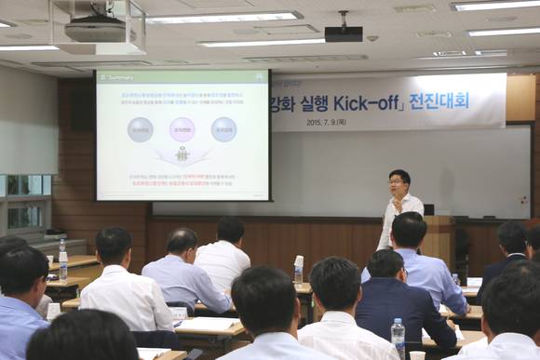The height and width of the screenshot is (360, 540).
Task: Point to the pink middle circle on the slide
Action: pos(182,128)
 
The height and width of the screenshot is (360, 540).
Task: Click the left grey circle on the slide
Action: pos(141,128)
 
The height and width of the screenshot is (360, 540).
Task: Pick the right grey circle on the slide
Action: pos(223,128)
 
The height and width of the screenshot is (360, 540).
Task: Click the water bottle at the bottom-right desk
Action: pos(398,338)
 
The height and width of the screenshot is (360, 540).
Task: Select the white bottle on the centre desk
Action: pos(298,269)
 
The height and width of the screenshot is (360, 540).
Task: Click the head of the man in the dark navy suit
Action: pos(385,264)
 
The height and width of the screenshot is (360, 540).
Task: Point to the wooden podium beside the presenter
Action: pos(438,238)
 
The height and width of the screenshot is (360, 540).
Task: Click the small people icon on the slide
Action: pos(182,154)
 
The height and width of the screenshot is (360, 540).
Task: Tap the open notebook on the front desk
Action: pos(209,326)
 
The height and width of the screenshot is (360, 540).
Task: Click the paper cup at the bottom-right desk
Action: pos(417,354)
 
